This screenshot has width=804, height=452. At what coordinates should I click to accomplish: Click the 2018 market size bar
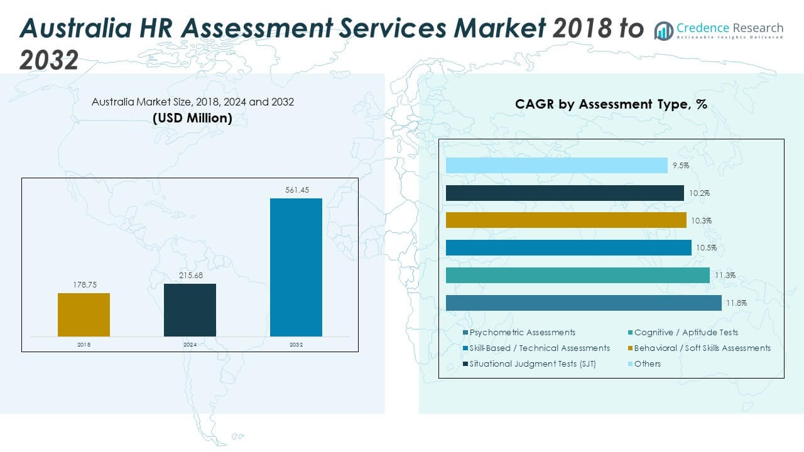(84, 315)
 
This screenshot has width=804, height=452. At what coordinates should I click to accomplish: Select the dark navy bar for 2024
(190, 310)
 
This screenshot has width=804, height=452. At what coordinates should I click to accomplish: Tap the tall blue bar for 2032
(296, 267)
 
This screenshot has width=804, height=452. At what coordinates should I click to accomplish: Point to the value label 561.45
(297, 190)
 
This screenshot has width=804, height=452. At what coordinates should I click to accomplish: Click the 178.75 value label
(84, 285)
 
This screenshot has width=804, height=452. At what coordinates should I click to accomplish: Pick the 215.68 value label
(190, 276)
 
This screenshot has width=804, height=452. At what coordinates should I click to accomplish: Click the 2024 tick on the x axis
(190, 345)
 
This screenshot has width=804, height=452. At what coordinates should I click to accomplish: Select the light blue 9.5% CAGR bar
(557, 165)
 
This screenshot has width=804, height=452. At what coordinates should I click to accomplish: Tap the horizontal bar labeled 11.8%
(584, 303)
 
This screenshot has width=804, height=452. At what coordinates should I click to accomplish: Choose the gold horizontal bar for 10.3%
(566, 220)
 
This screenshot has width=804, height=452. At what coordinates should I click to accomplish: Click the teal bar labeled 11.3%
(578, 275)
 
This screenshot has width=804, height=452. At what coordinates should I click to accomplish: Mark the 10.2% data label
(699, 193)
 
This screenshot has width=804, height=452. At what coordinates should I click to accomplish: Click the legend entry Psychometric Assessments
(522, 332)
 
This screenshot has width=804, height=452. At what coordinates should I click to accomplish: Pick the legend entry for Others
(647, 363)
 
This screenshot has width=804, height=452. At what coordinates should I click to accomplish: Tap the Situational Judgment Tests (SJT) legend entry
(532, 363)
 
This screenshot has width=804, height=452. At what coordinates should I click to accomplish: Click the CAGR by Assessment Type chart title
(611, 104)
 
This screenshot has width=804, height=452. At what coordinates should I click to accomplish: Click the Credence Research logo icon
(663, 30)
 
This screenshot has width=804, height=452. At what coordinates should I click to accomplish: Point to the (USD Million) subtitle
(192, 118)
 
